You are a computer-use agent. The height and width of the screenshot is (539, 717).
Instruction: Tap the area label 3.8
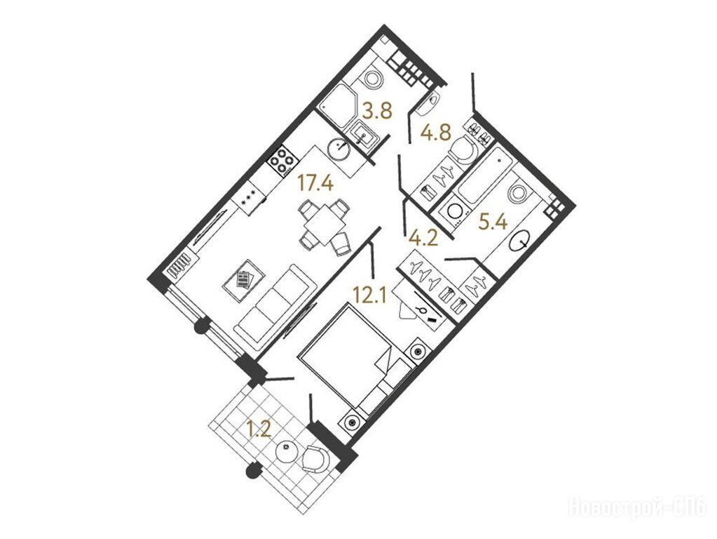(377, 112)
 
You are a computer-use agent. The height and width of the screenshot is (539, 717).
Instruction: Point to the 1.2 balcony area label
(259, 430)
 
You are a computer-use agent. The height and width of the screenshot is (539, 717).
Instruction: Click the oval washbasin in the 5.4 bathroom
(520, 240)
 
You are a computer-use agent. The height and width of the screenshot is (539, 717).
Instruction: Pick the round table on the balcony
(287, 453)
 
